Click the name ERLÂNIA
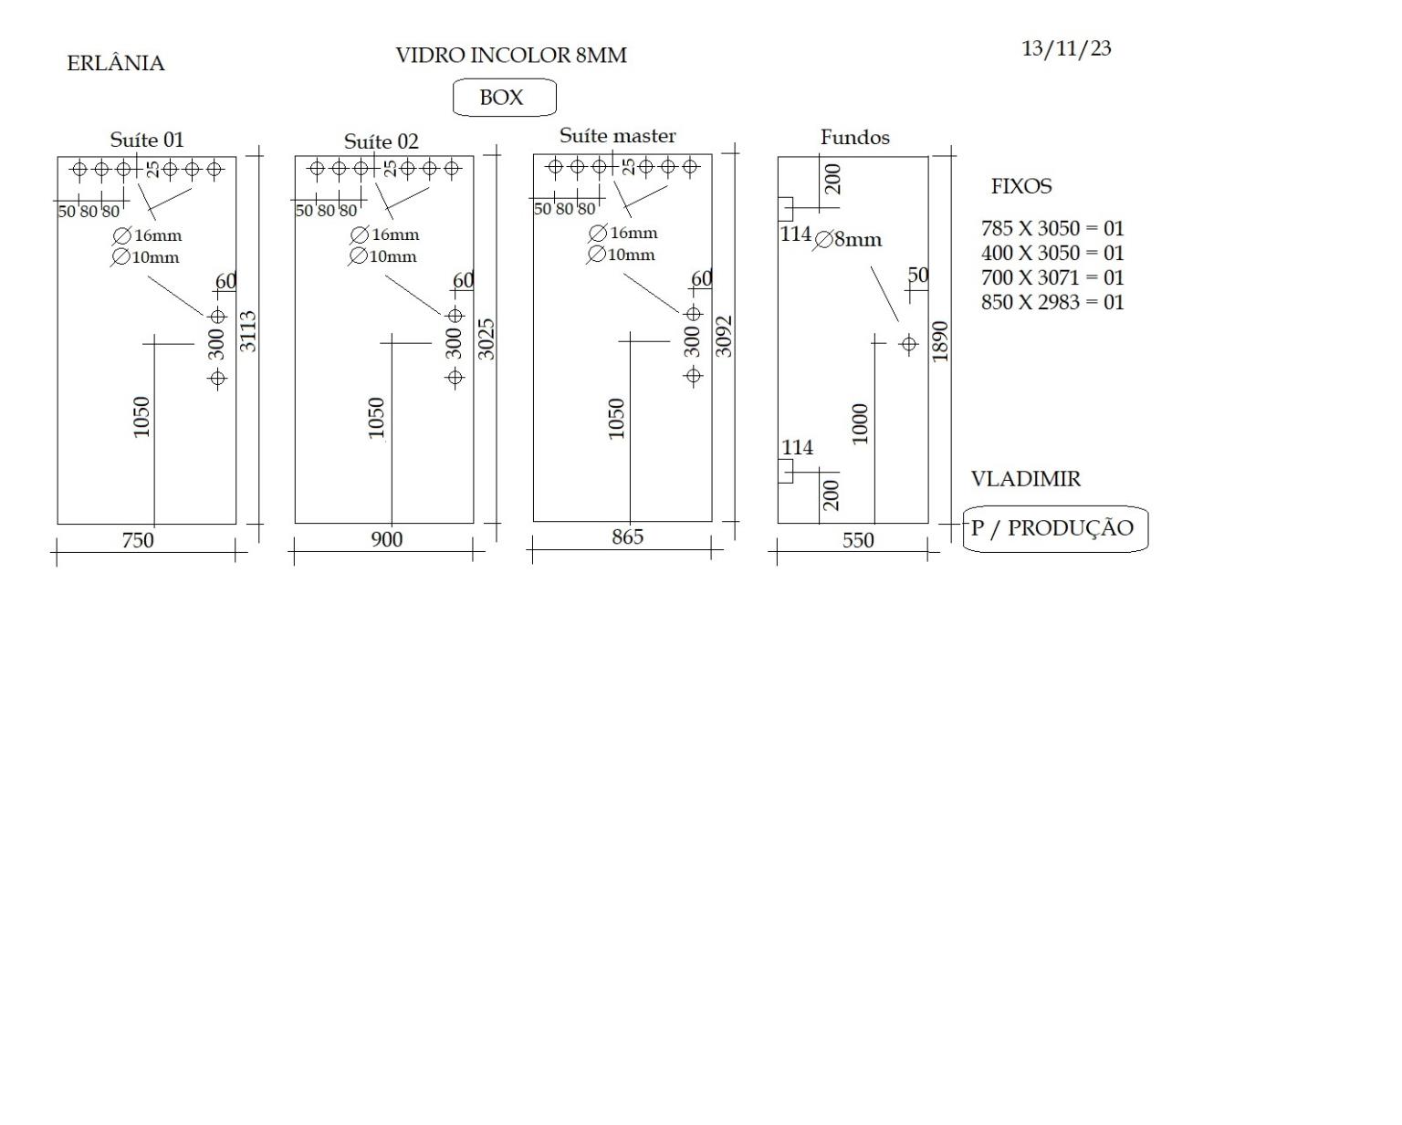click(116, 63)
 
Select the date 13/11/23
click(1066, 49)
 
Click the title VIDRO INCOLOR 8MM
click(511, 56)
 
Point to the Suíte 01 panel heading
click(147, 140)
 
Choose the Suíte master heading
click(618, 136)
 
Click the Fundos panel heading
click(854, 138)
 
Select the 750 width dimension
click(138, 540)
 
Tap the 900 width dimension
click(387, 539)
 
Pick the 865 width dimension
click(627, 536)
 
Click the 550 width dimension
click(858, 541)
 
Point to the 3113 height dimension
click(248, 331)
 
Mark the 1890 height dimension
click(940, 342)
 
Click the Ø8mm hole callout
click(848, 240)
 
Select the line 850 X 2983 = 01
click(1052, 302)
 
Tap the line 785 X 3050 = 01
click(1052, 229)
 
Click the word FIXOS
click(1021, 186)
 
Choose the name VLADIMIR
click(1026, 479)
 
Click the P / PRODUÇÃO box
click(1055, 529)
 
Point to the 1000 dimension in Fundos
click(860, 424)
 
